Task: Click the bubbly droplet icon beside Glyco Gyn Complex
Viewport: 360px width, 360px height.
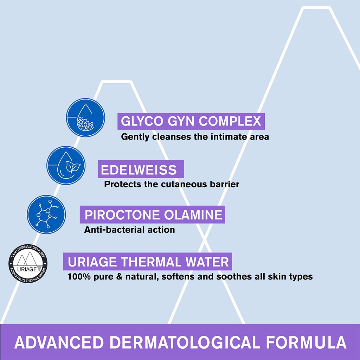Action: pyautogui.click(x=86, y=117)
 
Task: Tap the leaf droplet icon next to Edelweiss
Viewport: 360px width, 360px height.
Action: pyautogui.click(x=66, y=166)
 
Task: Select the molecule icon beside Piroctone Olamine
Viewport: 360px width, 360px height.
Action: pyautogui.click(x=46, y=214)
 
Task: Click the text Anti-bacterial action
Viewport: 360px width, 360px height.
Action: pyautogui.click(x=129, y=230)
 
